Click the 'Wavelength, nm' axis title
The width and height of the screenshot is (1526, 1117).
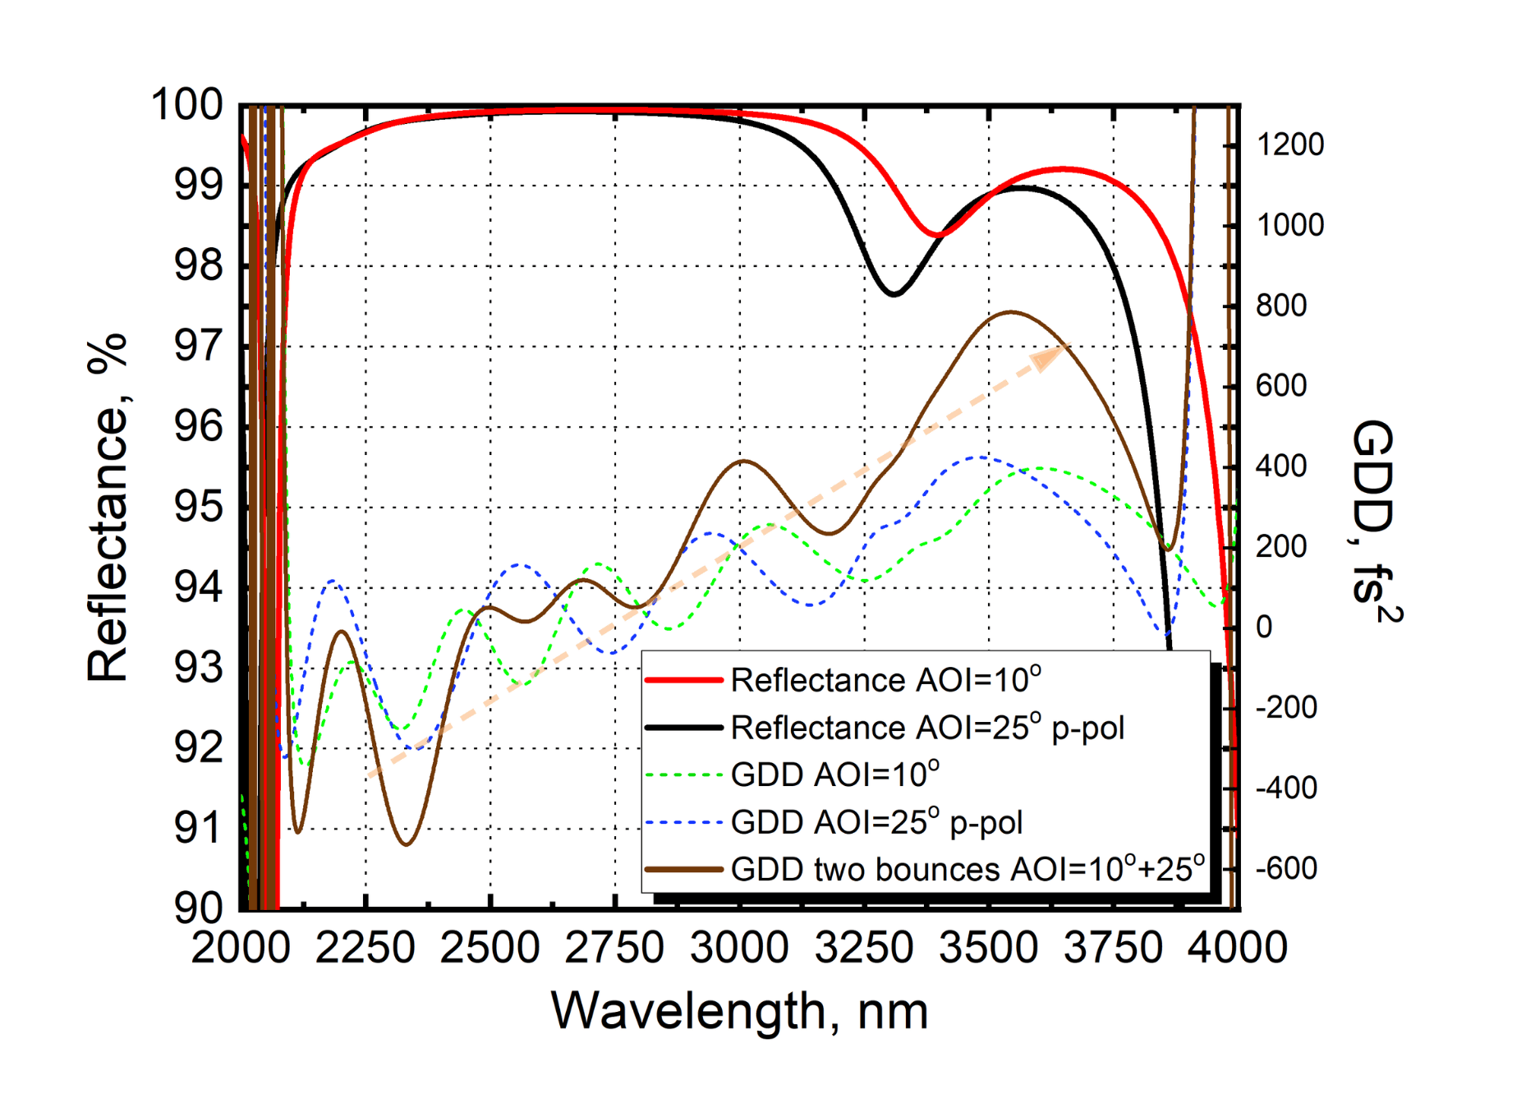(739, 1010)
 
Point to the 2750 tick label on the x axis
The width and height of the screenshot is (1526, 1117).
(614, 948)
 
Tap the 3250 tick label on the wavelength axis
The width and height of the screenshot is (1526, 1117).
(864, 948)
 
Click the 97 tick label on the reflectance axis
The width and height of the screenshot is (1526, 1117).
(198, 346)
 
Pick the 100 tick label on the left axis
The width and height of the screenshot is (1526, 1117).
(187, 105)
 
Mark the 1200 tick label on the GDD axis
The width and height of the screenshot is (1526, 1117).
(1290, 145)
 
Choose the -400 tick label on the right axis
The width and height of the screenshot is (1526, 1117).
(1286, 788)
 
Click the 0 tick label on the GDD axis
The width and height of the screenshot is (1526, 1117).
(1264, 627)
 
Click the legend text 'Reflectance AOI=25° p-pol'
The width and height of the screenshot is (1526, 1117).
(927, 728)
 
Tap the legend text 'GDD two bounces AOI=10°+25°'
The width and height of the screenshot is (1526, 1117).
(968, 869)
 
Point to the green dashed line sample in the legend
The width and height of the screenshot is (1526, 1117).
(683, 775)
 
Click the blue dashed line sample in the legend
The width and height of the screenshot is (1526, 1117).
(683, 821)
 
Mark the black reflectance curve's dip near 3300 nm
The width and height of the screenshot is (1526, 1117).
(894, 293)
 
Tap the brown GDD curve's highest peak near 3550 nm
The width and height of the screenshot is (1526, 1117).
(1011, 312)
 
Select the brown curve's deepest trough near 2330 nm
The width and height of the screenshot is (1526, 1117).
(406, 843)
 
